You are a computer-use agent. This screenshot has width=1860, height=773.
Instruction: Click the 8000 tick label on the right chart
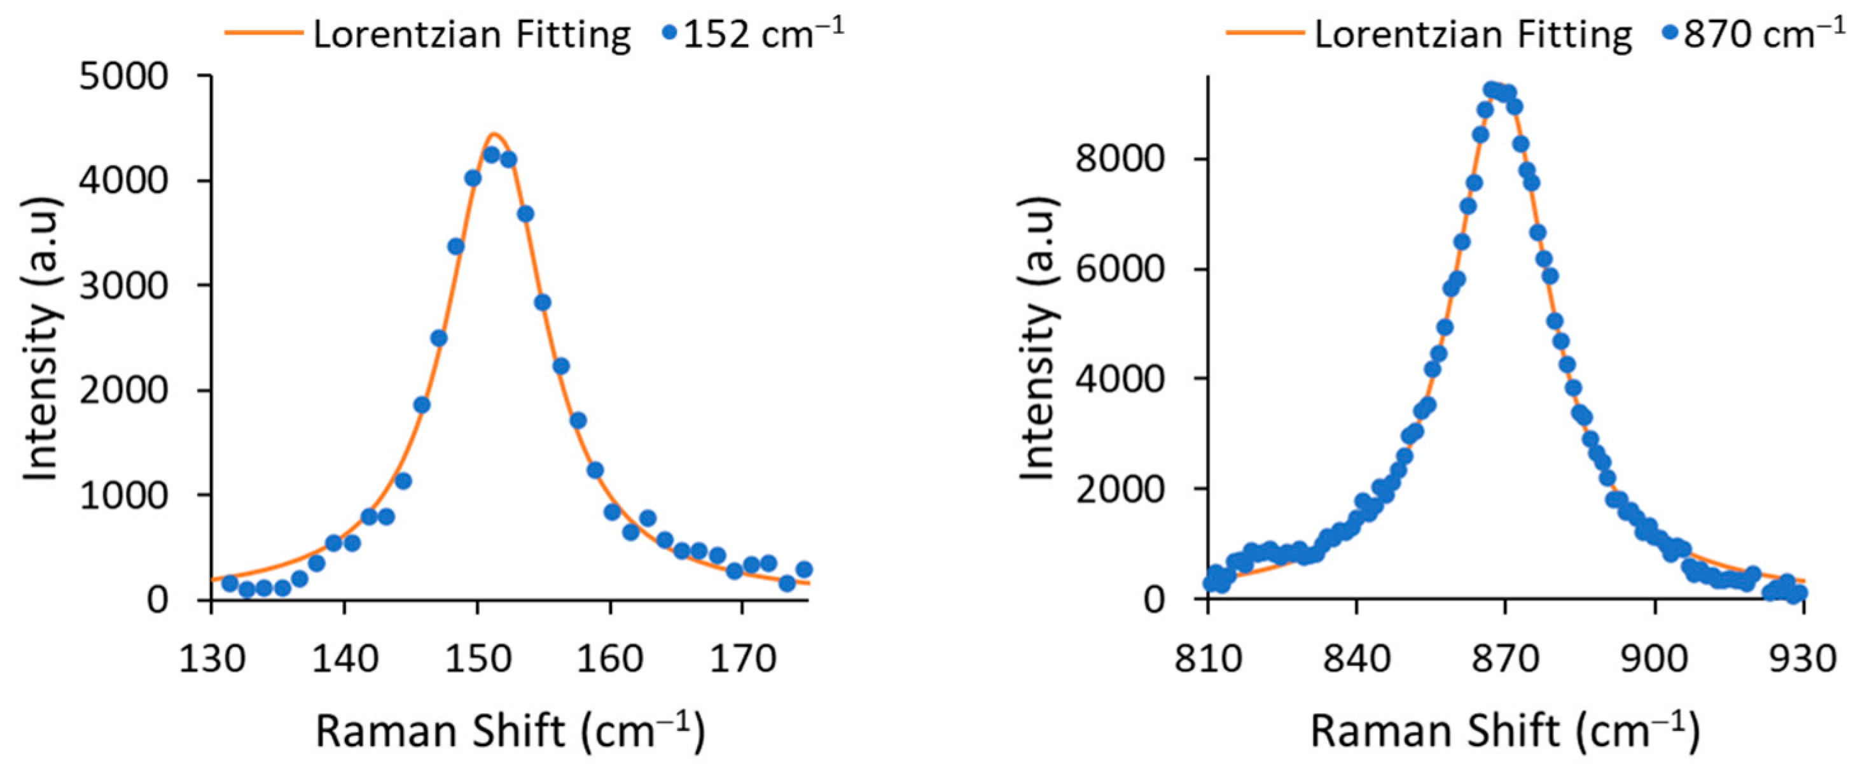(x=1119, y=159)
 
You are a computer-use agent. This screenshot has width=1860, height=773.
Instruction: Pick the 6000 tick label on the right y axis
(x=1119, y=269)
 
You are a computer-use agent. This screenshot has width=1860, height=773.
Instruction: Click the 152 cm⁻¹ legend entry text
(x=763, y=34)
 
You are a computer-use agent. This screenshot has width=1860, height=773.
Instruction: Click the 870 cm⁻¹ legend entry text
(x=1764, y=34)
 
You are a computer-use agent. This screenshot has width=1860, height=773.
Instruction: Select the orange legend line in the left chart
(x=263, y=33)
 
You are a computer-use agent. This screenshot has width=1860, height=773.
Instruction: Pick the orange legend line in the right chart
(x=1265, y=33)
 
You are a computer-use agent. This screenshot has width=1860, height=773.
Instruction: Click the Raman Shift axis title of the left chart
(x=510, y=731)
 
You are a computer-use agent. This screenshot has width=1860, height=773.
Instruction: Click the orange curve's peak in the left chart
(x=494, y=134)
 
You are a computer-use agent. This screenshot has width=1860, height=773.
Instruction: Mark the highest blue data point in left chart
(x=492, y=155)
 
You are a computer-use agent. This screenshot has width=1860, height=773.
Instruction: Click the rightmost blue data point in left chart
(x=804, y=569)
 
